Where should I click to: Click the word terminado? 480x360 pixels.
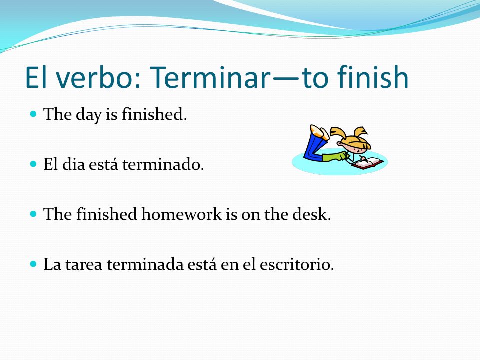163,164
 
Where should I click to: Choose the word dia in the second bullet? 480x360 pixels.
73,164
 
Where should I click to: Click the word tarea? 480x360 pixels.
83,264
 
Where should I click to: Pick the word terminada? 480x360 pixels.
145,264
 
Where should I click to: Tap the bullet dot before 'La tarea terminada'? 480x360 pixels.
33,264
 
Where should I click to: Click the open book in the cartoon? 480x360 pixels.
367,163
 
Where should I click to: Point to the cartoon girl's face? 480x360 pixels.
355,148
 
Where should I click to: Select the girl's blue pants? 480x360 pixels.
314,147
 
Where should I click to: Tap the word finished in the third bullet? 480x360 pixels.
106,214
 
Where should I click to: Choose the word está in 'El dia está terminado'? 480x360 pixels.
103,164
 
